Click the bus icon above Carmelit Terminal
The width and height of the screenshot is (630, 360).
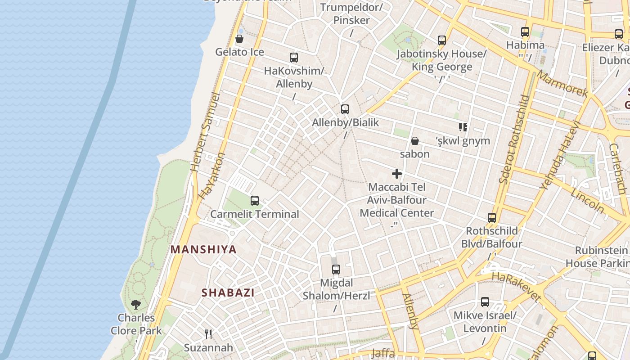pos(255,201)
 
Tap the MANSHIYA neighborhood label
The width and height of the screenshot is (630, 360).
pos(203,249)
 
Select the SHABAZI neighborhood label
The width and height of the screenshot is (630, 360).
pos(228,292)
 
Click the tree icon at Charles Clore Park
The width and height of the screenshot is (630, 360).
pos(136,305)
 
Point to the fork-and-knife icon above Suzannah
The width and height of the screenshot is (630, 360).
pos(208,334)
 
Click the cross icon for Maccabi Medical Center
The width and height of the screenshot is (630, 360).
pos(397,174)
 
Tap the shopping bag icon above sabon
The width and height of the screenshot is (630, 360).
pos(415,141)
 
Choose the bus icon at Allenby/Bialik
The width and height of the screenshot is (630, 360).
pos(345,109)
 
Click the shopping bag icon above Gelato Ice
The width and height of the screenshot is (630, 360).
pos(239,39)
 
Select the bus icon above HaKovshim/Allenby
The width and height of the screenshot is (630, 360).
pos(294,58)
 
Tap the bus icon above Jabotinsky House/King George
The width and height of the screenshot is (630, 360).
pos(442,40)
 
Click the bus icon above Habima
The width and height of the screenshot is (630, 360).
pos(525,32)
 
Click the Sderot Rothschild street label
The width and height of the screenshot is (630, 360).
pos(513,139)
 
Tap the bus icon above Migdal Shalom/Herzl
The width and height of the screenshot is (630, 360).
pos(336,270)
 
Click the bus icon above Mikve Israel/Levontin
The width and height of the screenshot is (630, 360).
pos(485,302)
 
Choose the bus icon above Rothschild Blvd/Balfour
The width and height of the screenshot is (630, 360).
pos(492,218)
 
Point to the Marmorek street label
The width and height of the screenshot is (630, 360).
pos(562,84)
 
